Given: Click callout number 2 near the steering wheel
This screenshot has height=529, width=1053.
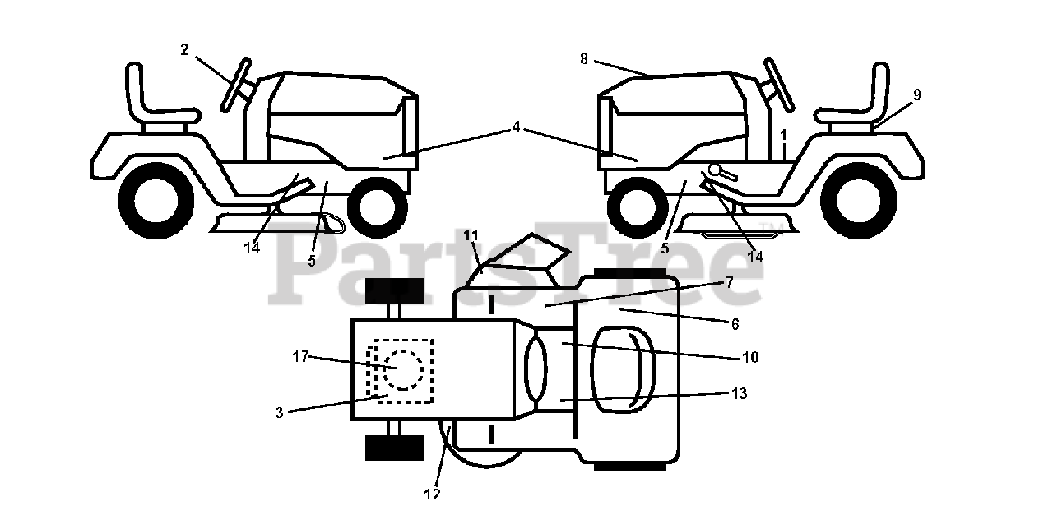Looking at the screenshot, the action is coord(184,50).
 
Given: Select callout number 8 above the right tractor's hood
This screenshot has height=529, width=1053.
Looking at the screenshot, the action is coord(584,58).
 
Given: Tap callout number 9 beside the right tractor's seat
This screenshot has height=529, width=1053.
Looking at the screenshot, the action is coord(916,95).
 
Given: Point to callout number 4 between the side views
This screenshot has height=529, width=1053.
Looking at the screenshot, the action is coord(516,127).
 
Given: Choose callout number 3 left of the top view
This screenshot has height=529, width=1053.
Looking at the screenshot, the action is coord(280,412).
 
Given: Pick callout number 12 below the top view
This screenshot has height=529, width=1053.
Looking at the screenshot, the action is coord(433,494).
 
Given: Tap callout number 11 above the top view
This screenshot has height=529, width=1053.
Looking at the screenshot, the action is coord(471,235).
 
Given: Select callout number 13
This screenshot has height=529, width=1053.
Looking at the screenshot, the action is coord(739,394).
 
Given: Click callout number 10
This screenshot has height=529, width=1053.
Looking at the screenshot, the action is coord(749,357).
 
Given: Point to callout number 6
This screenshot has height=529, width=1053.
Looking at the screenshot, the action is coord(735,323).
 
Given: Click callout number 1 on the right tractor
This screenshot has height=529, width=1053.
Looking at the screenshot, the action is coord(784,133).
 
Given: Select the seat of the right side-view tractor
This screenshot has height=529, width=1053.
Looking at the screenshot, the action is coord(864,103).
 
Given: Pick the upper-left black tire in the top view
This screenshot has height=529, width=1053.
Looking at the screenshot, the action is coord(394,290).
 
